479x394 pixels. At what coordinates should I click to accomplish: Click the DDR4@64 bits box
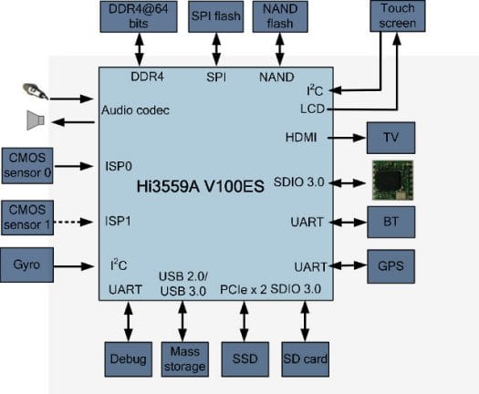tap(139, 16)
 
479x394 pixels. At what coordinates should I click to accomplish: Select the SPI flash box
tap(216, 16)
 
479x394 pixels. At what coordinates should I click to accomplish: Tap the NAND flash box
tap(280, 16)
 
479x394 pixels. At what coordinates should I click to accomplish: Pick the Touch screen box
tap(398, 16)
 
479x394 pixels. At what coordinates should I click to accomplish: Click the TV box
tap(391, 138)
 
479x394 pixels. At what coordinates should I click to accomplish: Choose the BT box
tap(391, 222)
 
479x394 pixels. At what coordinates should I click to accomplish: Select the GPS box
tap(391, 266)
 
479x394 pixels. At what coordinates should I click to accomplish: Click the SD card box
tap(305, 359)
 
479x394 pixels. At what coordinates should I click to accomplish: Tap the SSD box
tap(245, 359)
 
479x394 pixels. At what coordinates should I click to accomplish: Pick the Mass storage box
tap(185, 359)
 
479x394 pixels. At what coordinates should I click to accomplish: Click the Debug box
tap(129, 359)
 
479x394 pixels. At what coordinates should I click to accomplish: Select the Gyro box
tap(26, 264)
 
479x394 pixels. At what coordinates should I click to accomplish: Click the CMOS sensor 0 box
tap(27, 166)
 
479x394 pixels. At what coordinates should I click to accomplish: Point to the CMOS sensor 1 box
tap(27, 217)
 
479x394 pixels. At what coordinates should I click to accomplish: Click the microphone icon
tap(36, 90)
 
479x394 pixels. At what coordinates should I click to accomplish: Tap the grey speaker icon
tap(36, 120)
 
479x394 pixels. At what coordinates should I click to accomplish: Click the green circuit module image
tap(392, 181)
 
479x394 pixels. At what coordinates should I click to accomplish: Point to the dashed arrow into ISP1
tap(73, 222)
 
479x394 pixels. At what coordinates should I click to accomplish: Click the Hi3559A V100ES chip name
tap(200, 186)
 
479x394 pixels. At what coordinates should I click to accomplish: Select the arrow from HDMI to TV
tap(347, 138)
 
